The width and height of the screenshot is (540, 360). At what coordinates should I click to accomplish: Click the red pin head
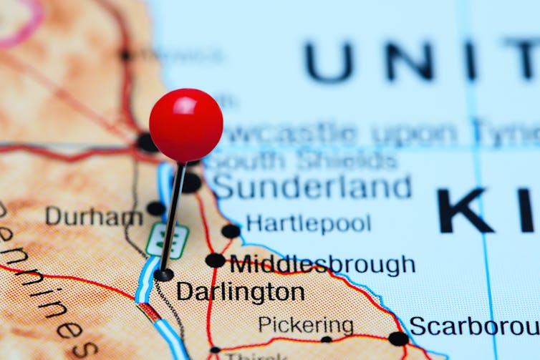pos(185,125)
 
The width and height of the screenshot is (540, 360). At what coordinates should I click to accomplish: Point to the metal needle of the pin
pos(172,215)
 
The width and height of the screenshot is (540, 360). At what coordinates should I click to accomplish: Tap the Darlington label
pos(240,292)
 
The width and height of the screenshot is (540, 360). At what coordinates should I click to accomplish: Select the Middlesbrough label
pos(322,264)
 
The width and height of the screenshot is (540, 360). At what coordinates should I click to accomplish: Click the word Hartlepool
pos(308,223)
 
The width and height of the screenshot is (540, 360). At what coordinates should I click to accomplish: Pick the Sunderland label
pos(312,187)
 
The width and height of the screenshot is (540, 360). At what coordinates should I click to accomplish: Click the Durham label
pos(93,215)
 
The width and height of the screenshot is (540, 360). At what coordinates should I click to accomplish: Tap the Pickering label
pos(306,326)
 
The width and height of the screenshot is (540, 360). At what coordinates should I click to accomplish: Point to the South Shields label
pos(301,161)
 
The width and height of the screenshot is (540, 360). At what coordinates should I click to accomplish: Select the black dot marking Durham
pos(155,208)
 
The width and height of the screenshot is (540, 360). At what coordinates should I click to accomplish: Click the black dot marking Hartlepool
pos(231,230)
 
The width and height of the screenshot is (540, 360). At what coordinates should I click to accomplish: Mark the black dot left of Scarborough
pos(397,339)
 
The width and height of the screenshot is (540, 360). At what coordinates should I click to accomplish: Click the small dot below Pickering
pos(326,339)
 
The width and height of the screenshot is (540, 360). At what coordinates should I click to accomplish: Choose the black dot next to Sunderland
pos(191,183)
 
